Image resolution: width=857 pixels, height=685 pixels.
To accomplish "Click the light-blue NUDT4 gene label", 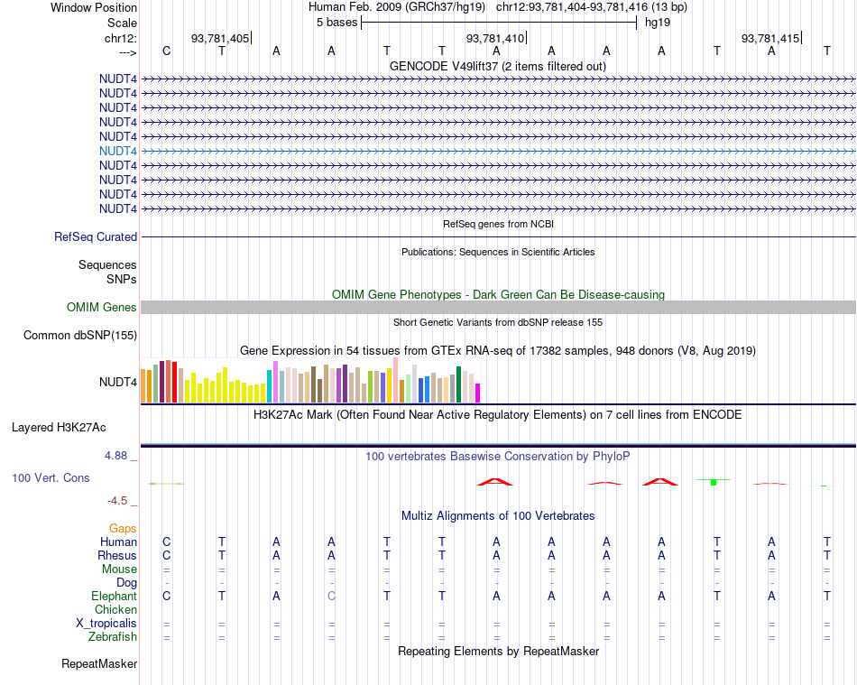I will [119, 151].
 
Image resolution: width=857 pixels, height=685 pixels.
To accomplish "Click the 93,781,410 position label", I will [494, 38].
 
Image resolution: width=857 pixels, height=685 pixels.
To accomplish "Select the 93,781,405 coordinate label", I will [220, 38].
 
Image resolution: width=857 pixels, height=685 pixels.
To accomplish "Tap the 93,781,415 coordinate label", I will [769, 38].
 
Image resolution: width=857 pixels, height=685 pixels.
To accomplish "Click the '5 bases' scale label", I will [336, 23].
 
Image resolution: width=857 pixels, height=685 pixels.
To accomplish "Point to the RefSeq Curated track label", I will [96, 237].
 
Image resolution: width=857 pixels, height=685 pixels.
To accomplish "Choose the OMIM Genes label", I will [102, 308].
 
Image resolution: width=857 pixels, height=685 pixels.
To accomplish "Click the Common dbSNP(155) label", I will [80, 336].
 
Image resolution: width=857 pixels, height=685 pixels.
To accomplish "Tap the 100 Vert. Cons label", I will [51, 477].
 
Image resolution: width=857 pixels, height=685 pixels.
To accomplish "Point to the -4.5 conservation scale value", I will [117, 501].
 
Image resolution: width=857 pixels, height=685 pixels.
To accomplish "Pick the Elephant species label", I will [114, 597].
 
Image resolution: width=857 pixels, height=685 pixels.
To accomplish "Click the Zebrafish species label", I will [112, 637].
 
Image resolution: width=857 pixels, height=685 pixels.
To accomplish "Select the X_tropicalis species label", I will [106, 624].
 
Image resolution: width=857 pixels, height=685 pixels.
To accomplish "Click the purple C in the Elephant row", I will [331, 597].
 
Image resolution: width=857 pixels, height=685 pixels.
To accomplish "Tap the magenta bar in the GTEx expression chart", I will [478, 393].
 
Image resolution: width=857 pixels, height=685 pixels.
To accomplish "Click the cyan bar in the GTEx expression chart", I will [270, 386].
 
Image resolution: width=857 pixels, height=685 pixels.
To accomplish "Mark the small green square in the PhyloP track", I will [713, 483].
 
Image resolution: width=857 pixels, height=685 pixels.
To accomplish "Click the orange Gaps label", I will [123, 528].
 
